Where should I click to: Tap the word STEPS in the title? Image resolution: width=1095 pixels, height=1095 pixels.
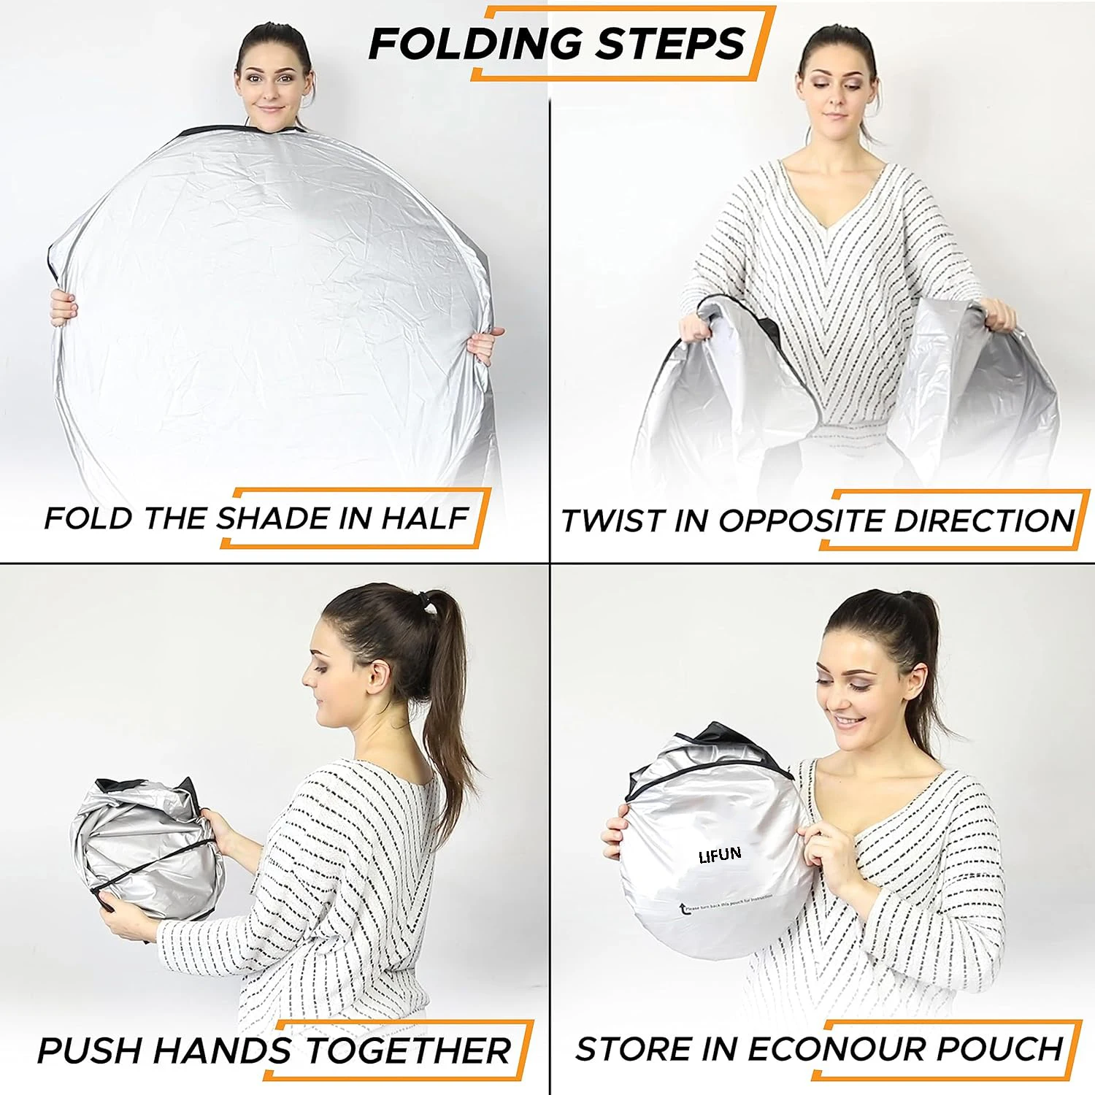[669, 43]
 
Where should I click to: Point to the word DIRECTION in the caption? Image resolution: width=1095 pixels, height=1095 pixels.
[984, 520]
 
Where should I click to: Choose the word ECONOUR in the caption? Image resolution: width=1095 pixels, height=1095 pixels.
[837, 1049]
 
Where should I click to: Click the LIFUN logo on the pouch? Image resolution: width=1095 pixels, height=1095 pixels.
[720, 855]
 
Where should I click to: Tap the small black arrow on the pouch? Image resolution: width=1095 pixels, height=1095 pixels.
[683, 909]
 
